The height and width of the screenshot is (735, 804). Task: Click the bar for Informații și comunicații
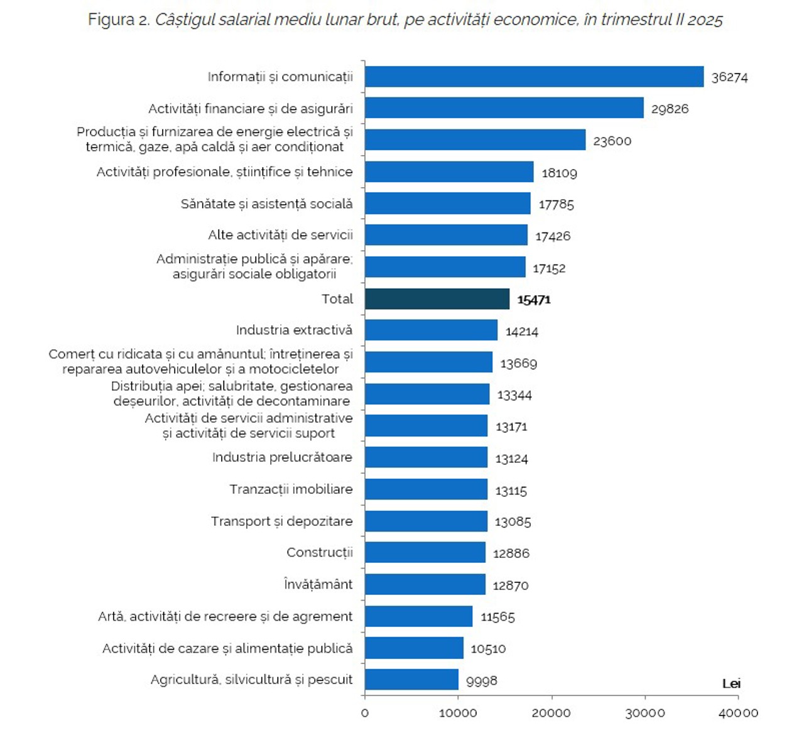tap(534, 77)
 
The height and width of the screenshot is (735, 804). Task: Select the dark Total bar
tap(437, 299)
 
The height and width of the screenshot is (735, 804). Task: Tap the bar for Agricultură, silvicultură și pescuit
tap(411, 680)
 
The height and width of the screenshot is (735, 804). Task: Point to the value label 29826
tap(670, 109)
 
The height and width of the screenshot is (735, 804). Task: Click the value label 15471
tap(534, 300)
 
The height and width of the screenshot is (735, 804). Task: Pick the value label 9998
tap(481, 681)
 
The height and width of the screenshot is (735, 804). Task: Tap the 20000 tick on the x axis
tap(551, 713)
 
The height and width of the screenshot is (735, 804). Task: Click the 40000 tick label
tap(738, 713)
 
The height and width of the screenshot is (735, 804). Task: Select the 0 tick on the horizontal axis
tap(365, 713)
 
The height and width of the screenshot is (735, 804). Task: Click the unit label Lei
tap(731, 683)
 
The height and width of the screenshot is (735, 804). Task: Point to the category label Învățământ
tap(318, 584)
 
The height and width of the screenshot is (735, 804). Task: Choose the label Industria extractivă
tap(294, 330)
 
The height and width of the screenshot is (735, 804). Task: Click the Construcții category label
tap(320, 552)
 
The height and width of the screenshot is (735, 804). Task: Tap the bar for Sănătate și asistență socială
tap(447, 204)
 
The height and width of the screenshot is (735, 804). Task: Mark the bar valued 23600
tap(475, 140)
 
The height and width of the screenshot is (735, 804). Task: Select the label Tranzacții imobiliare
tap(291, 489)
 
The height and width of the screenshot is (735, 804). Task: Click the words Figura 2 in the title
tap(119, 20)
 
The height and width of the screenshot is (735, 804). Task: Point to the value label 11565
tap(497, 617)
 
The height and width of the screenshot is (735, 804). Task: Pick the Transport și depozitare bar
tap(426, 521)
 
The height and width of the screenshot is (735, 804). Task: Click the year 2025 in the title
tap(705, 20)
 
